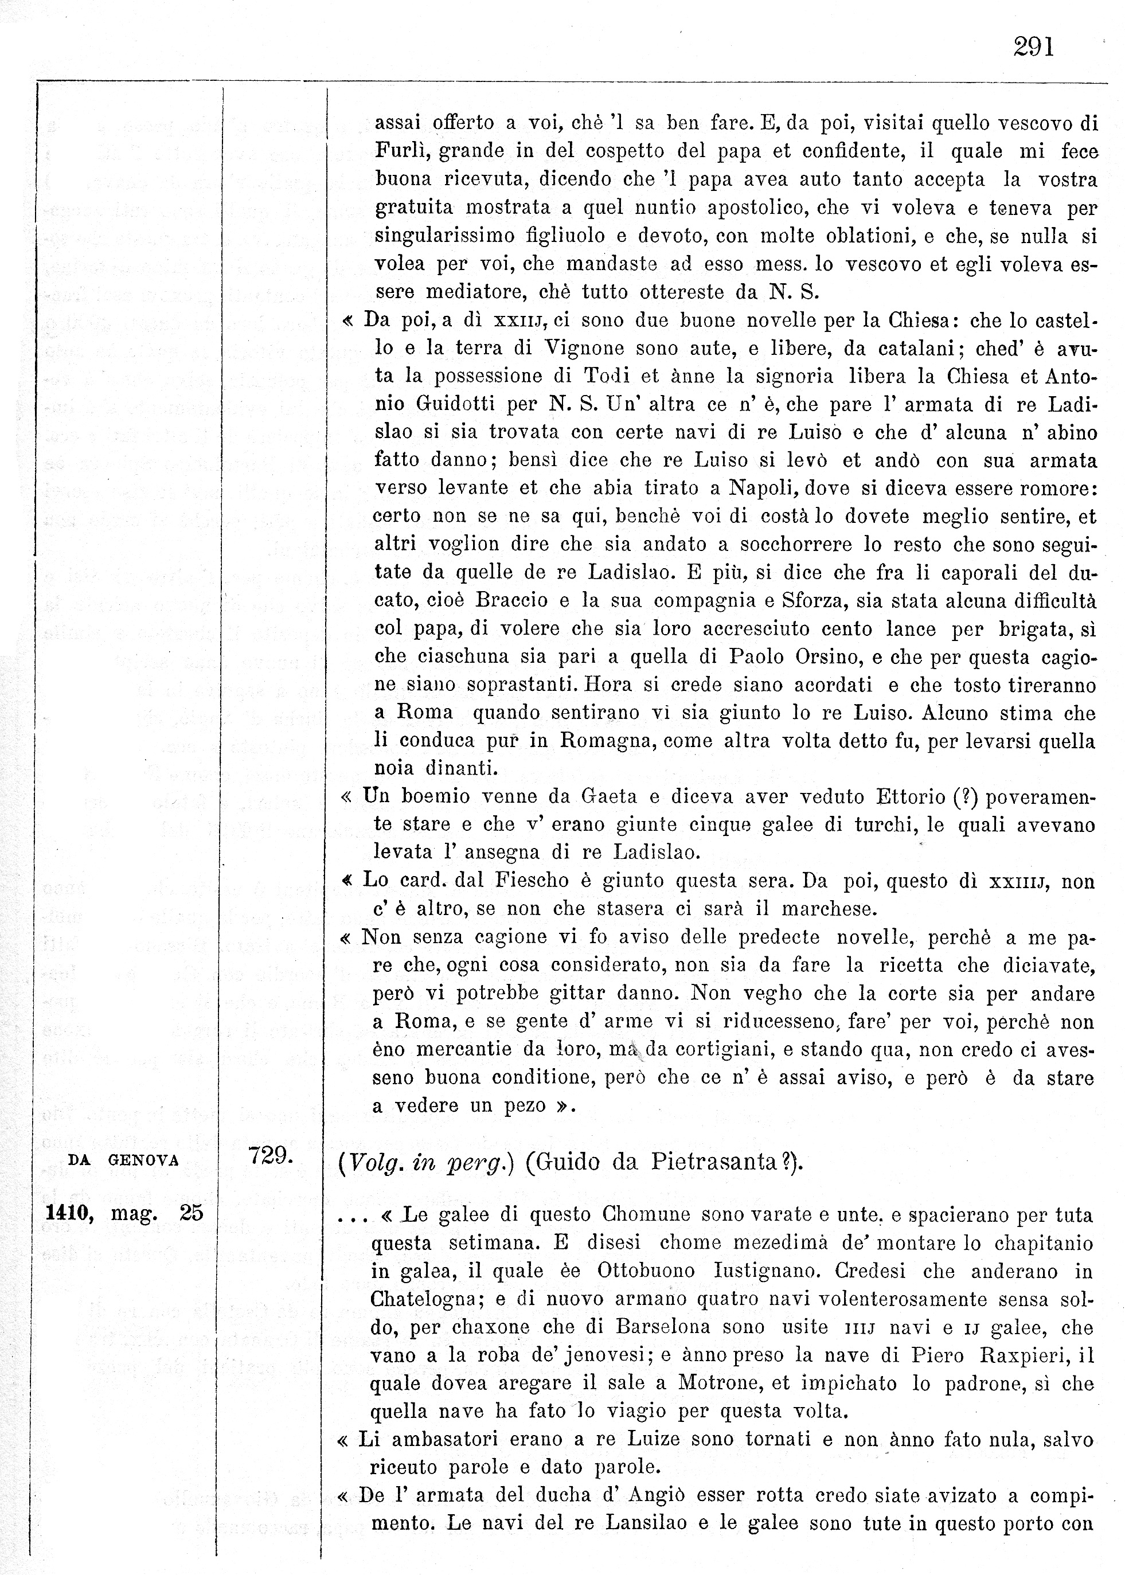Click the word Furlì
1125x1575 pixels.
400,151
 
